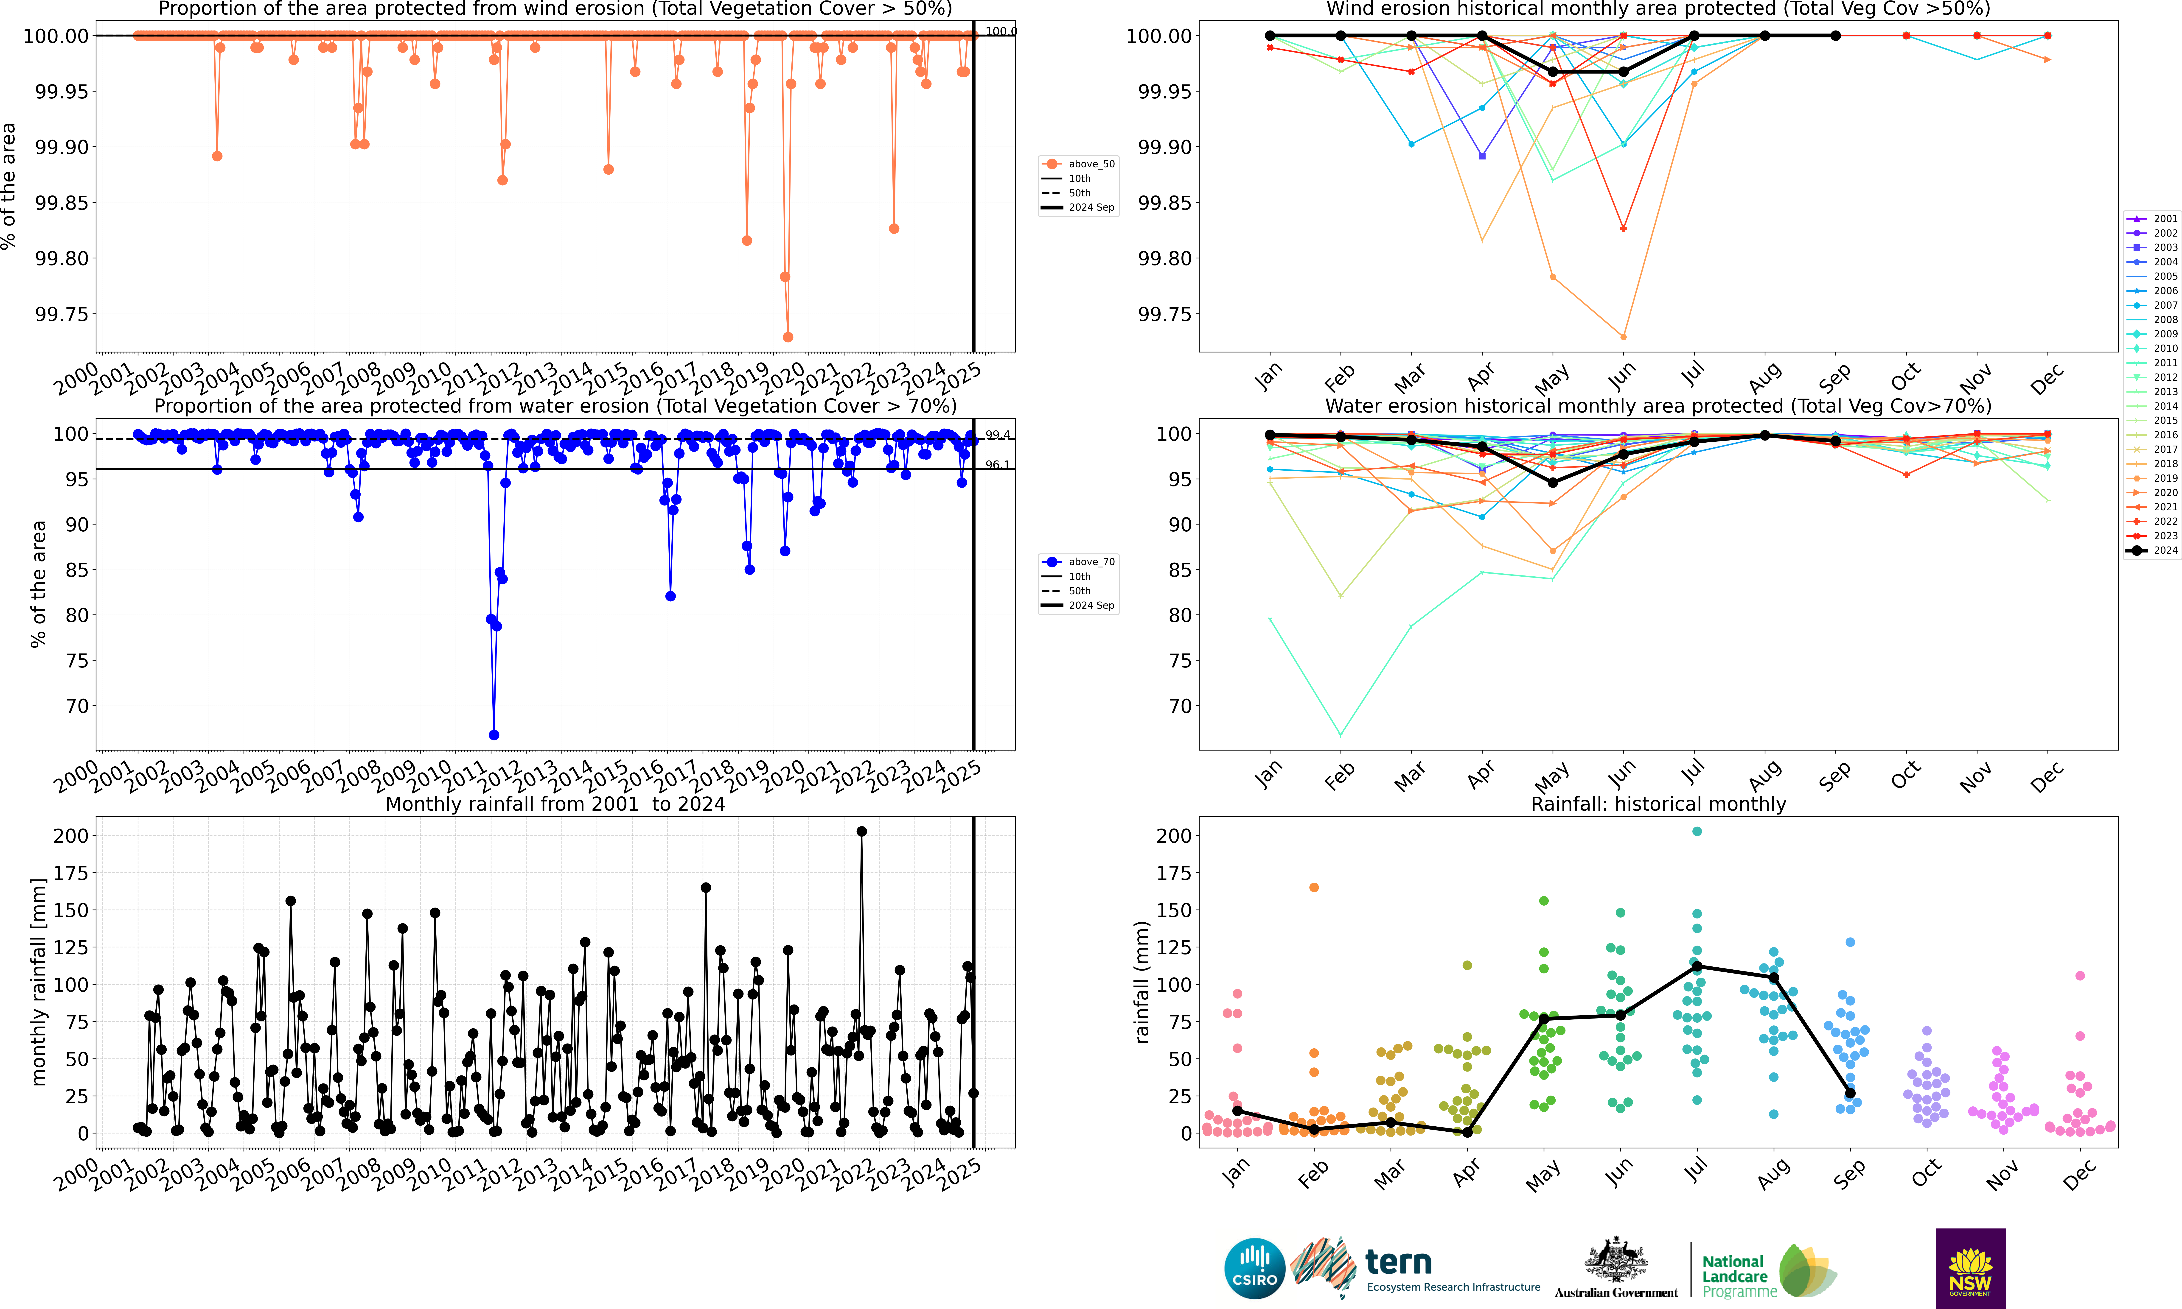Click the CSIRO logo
[x=1254, y=1268]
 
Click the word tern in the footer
[x=1399, y=1262]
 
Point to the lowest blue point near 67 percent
[x=494, y=735]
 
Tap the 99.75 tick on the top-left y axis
[x=62, y=314]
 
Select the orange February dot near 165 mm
[x=1314, y=887]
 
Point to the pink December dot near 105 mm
[x=2080, y=976]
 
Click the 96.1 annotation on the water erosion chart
[x=997, y=465]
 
